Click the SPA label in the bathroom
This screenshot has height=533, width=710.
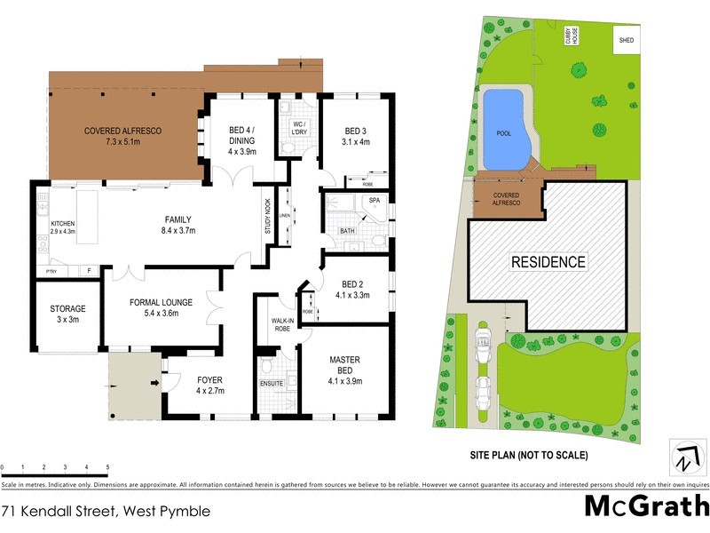(373, 202)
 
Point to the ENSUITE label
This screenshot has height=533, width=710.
(272, 383)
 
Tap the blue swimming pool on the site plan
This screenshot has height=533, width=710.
(505, 131)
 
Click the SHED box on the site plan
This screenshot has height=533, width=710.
(627, 40)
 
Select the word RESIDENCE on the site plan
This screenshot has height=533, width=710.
(548, 262)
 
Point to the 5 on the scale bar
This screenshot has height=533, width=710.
(107, 466)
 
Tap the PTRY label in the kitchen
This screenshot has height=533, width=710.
(51, 272)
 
